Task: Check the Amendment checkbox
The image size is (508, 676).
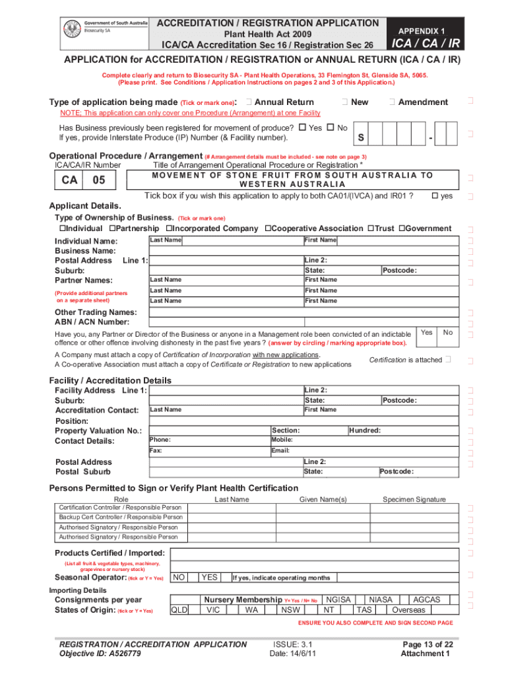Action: coord(392,102)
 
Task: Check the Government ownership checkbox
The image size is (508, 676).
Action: coord(402,228)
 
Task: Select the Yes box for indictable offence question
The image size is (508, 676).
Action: coord(427,333)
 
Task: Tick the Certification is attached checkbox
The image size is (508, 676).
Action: coord(449,359)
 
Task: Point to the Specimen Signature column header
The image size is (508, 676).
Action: coord(414,500)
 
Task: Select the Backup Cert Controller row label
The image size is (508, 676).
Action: coord(121,518)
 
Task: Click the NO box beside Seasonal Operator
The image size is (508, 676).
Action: coord(178,578)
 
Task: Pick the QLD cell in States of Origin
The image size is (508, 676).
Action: coord(179,610)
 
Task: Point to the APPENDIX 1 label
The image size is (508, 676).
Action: coord(420,31)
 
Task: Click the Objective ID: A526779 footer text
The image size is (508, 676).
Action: coord(99,654)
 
